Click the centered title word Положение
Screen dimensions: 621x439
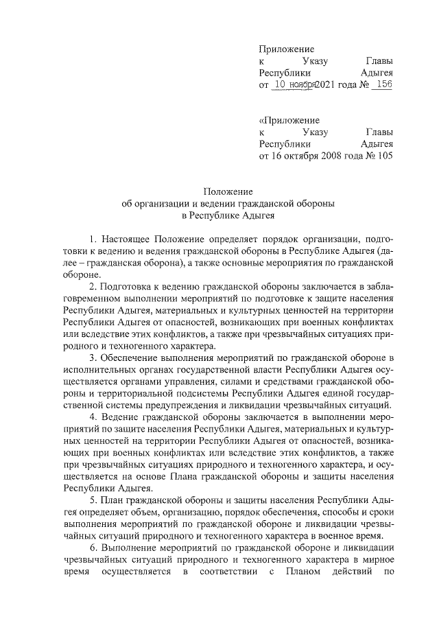pos(228,191)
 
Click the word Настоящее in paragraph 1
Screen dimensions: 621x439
pos(124,239)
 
